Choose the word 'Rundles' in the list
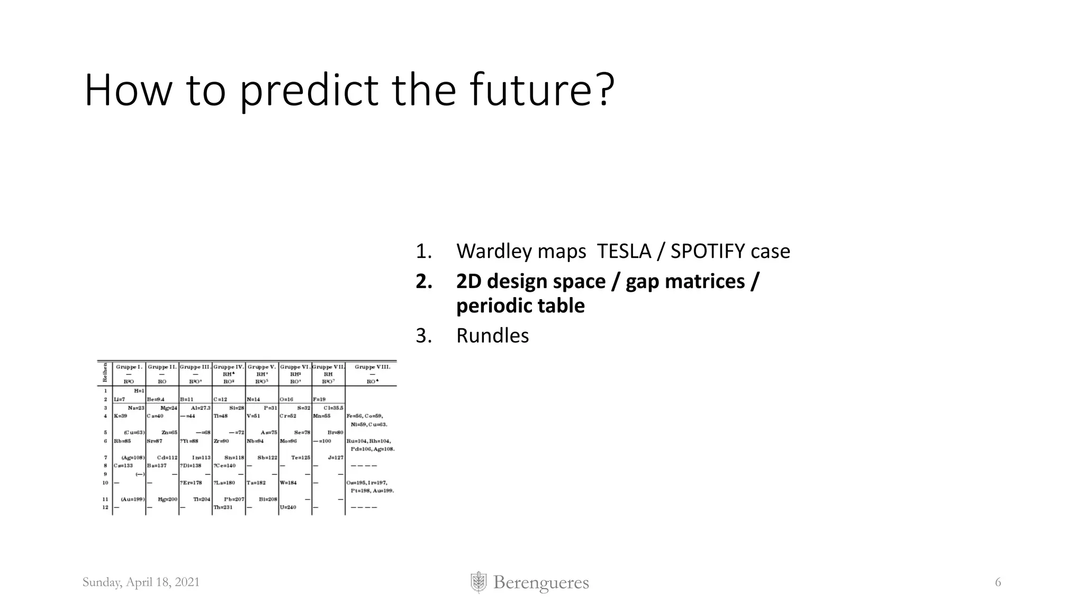tap(492, 336)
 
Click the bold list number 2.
tap(423, 281)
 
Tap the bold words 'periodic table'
tap(520, 306)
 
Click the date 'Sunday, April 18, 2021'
tap(141, 582)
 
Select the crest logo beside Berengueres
tap(478, 582)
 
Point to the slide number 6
tap(998, 582)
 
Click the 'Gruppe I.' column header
tap(129, 367)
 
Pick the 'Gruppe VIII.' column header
tap(372, 367)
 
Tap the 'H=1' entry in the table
tap(139, 391)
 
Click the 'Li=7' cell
tap(120, 399)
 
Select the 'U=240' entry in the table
tap(288, 507)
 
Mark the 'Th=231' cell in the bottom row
tap(222, 507)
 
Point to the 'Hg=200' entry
tap(167, 499)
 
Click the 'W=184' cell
tap(288, 483)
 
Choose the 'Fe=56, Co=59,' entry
tap(365, 416)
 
